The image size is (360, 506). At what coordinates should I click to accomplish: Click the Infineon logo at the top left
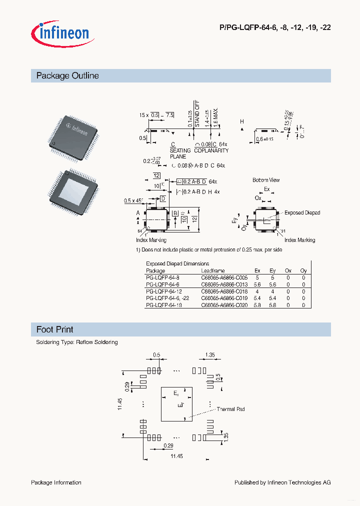[60, 33]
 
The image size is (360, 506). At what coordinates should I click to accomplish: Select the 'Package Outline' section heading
[67, 76]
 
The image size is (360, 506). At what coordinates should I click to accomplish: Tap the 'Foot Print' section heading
[55, 329]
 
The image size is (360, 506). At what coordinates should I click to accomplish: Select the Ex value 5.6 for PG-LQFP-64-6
[257, 284]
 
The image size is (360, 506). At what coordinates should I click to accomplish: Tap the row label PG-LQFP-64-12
[164, 291]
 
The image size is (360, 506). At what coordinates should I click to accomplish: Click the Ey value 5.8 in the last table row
[272, 304]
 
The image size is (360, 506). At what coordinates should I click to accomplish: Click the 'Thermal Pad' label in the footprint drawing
[230, 409]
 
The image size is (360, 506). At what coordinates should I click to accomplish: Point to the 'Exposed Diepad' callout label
[302, 213]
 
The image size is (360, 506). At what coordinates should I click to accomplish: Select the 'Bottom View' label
[266, 180]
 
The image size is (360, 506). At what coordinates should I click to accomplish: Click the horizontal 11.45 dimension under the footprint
[176, 456]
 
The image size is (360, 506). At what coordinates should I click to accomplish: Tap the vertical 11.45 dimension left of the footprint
[120, 404]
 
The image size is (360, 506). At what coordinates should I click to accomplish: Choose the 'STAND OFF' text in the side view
[197, 114]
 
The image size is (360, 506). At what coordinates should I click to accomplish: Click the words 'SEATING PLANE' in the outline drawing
[180, 153]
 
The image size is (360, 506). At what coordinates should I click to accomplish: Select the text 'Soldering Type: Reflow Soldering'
[77, 342]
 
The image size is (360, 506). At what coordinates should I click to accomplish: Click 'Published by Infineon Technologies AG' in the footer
[282, 482]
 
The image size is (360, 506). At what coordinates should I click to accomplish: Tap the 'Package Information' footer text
[56, 482]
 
